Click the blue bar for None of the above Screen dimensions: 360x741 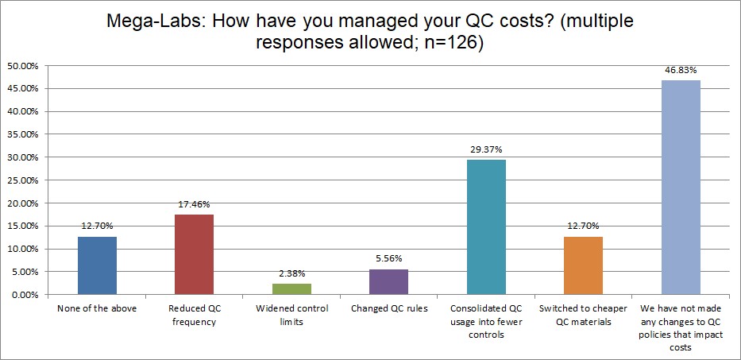point(97,265)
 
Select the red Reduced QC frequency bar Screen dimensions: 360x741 point(194,254)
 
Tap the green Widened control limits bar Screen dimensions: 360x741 point(291,289)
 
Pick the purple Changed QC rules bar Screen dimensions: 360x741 point(389,282)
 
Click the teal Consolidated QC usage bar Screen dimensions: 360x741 point(486,227)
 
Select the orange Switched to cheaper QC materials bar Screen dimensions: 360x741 point(584,265)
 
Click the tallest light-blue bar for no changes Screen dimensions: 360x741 point(681,188)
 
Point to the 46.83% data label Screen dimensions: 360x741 point(681,70)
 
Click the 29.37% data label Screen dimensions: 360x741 point(486,149)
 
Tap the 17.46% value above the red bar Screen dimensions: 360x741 point(194,204)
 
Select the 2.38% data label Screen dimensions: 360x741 point(291,273)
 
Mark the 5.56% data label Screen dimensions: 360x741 point(389,259)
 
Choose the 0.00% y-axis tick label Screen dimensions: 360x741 point(23,295)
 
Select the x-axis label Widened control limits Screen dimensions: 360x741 point(291,314)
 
